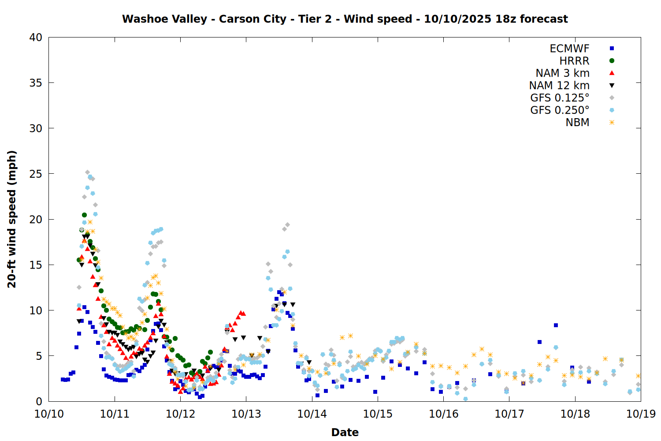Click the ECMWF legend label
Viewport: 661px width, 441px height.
569,49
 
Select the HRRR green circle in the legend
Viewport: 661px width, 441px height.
612,61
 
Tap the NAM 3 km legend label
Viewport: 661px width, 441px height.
562,73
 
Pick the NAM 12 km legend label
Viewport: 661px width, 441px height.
559,86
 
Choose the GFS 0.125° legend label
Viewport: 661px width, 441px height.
560,98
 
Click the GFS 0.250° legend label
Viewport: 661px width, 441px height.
560,110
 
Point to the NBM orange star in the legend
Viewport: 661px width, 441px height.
612,123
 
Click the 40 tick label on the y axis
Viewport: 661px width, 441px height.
36,37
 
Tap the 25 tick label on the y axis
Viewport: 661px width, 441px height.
36,174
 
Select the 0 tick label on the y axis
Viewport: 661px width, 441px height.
39,401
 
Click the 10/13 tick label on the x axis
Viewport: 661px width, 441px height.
246,414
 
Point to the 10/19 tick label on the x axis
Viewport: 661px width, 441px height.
641,414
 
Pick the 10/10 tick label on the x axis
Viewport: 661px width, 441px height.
49,414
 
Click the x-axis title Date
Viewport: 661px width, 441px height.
345,432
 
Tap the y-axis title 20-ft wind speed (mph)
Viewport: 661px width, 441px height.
12,219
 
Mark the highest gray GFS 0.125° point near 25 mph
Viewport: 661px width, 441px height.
87,172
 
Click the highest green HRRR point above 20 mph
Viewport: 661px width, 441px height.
84,215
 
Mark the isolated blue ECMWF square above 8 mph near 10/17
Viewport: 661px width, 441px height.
556,325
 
